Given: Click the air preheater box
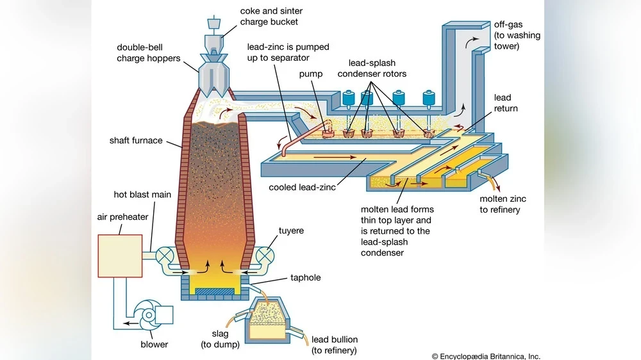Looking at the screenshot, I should [x=120, y=256].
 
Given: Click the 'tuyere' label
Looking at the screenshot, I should [x=292, y=230].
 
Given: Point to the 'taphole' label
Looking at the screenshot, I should [x=305, y=278].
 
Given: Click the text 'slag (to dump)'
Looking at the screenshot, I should [x=222, y=340].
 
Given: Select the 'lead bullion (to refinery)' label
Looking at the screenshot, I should [x=334, y=345].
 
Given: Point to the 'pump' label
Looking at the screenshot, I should [x=311, y=74].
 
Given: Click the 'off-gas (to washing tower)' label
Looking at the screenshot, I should [x=517, y=35].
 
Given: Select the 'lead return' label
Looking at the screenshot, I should [x=505, y=103].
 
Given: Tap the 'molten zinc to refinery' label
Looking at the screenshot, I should [x=499, y=204].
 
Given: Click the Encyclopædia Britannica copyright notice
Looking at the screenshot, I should [x=485, y=356].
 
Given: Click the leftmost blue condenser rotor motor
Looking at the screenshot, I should [x=350, y=99].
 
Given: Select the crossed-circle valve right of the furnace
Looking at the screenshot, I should [x=265, y=256].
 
